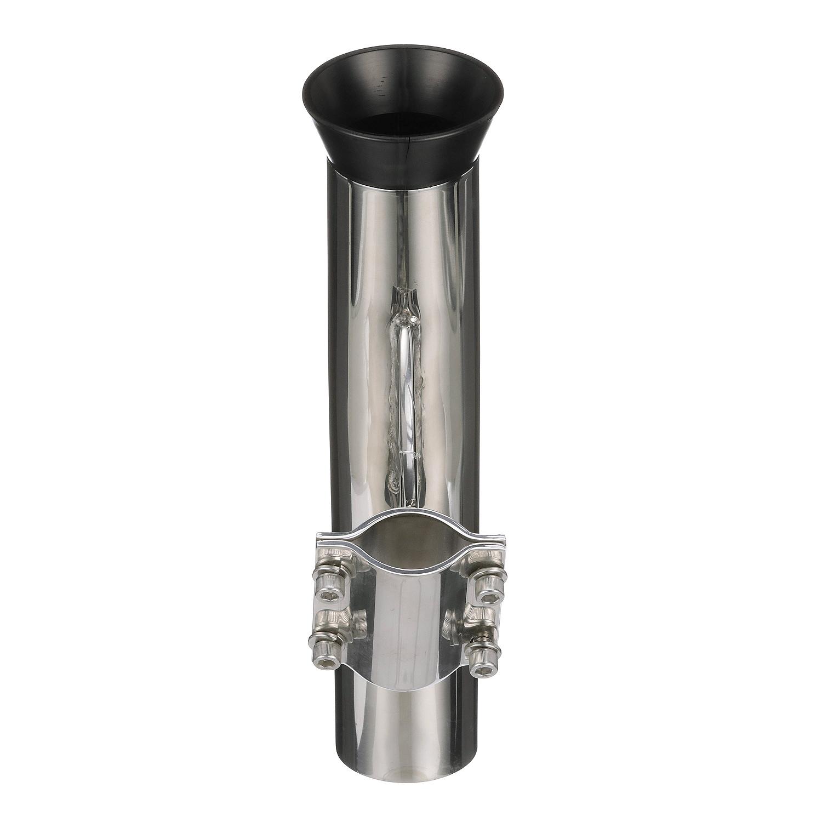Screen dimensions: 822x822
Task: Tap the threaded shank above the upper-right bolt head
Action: pos(482,559)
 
